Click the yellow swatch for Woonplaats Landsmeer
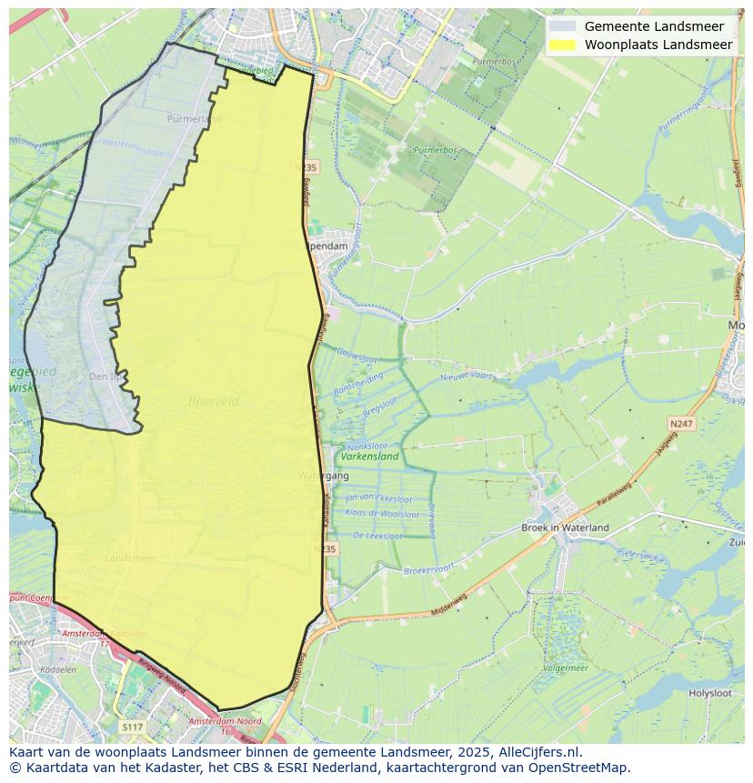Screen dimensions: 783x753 click(564, 45)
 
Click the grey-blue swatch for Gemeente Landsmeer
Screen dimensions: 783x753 click(564, 26)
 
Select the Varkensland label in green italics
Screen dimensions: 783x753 click(368, 457)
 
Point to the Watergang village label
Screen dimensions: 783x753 click(323, 476)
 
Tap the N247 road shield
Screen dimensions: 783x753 click(679, 424)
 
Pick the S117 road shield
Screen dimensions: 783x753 click(132, 727)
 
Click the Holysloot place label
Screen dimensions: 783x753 click(709, 693)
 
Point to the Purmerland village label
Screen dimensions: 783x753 click(194, 119)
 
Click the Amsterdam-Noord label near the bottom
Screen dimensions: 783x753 click(224, 721)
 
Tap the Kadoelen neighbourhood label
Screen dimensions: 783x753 click(45, 668)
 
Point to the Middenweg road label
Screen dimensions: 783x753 click(448, 604)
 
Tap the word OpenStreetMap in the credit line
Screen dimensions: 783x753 click(585, 767)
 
